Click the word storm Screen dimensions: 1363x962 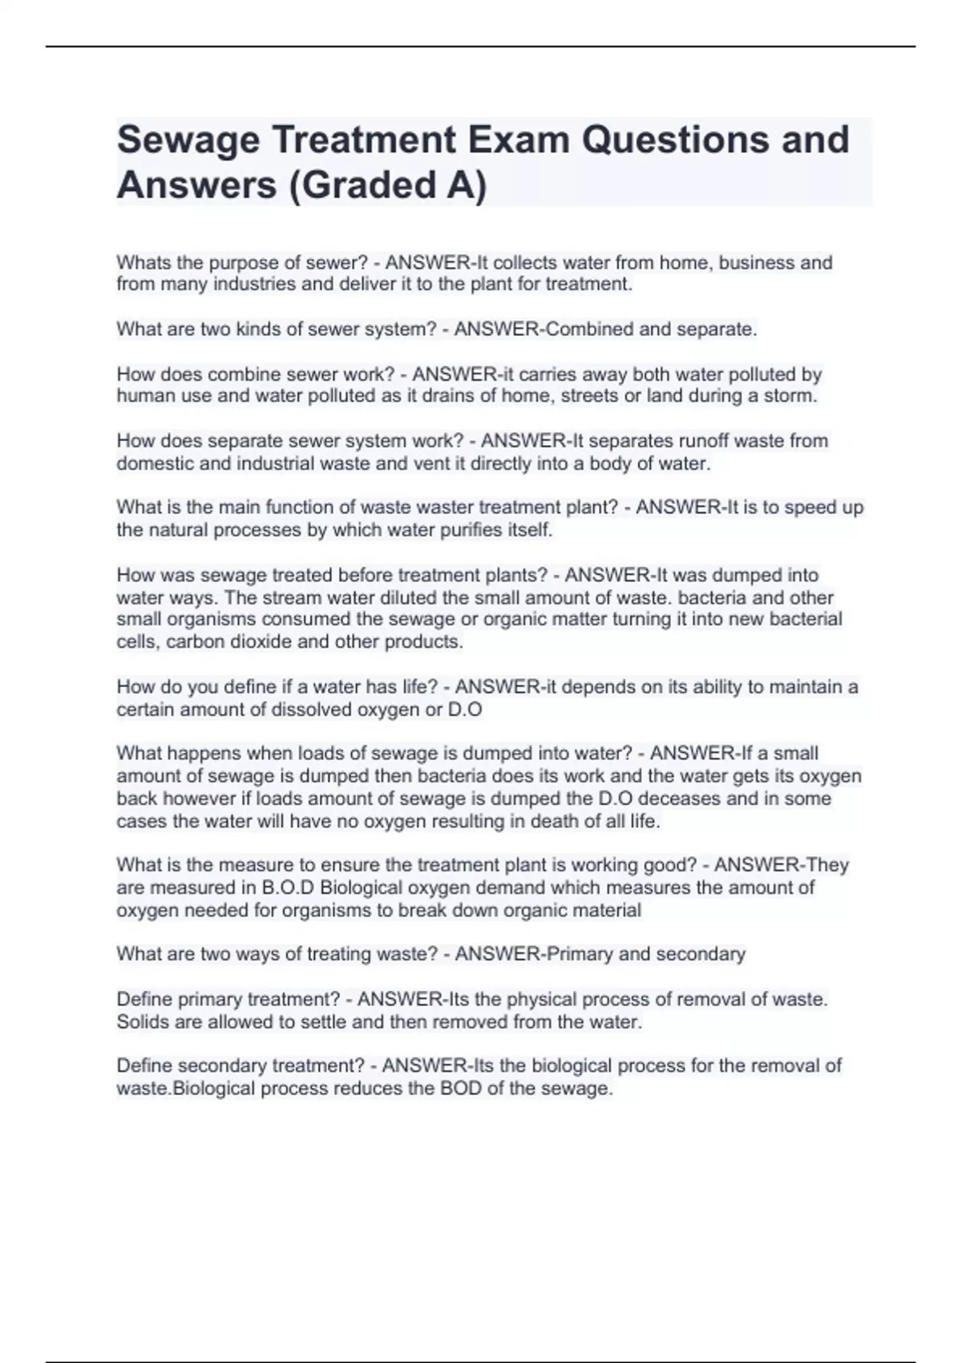[x=793, y=396]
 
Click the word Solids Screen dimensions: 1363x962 [x=141, y=1022]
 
